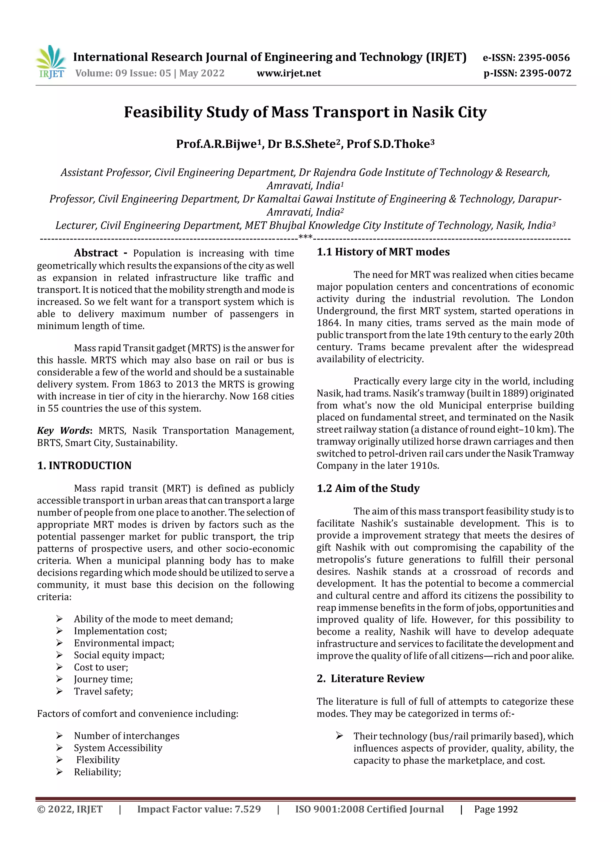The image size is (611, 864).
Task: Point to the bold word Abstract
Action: [96, 253]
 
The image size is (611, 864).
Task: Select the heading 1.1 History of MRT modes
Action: [383, 252]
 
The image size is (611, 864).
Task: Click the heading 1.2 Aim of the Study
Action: [368, 488]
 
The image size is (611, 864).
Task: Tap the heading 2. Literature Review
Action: [370, 678]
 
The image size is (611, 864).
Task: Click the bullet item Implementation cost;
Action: [121, 631]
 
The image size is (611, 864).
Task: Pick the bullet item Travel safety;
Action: [104, 691]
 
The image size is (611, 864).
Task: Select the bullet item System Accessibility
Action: [118, 748]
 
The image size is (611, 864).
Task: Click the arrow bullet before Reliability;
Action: [59, 772]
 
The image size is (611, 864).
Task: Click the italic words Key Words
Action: [64, 431]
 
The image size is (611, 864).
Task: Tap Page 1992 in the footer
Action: [496, 809]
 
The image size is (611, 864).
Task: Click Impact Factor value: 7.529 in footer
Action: [199, 809]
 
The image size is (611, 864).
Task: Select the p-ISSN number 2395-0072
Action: [545, 73]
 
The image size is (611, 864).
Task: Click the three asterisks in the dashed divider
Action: [305, 237]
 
